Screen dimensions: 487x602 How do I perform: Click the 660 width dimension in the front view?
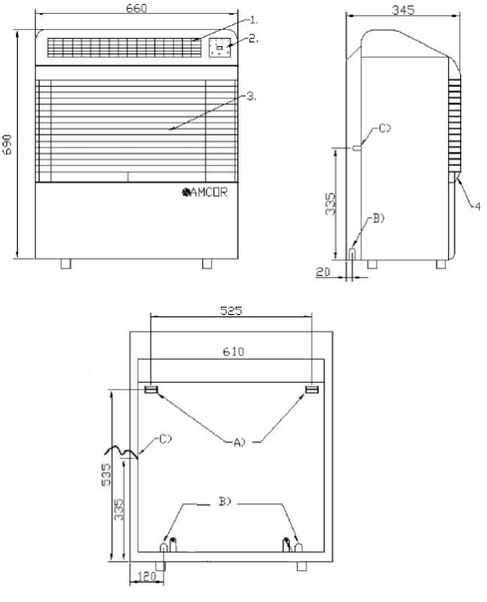click(x=136, y=8)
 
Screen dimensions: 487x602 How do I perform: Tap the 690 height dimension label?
click(x=7, y=144)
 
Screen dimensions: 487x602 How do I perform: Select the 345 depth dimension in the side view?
click(x=403, y=10)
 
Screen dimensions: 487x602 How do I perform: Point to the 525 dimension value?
click(x=231, y=310)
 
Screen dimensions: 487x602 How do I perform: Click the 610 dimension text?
click(x=233, y=351)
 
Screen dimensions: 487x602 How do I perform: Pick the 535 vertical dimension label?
click(x=106, y=475)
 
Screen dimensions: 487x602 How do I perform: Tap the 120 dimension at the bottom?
click(x=146, y=576)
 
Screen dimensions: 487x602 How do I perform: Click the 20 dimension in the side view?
click(x=323, y=272)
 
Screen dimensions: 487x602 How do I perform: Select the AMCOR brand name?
click(x=205, y=192)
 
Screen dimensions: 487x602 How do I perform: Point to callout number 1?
click(x=254, y=19)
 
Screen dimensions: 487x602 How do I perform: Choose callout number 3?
click(x=252, y=96)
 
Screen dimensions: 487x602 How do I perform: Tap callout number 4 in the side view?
click(x=477, y=207)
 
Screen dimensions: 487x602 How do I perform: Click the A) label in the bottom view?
click(x=239, y=442)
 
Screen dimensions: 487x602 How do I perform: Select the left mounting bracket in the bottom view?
click(x=151, y=389)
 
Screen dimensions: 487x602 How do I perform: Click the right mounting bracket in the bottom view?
click(x=312, y=389)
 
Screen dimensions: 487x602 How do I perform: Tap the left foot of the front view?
click(x=66, y=264)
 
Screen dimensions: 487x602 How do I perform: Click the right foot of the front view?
click(x=207, y=264)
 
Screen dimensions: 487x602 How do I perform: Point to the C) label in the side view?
click(x=385, y=128)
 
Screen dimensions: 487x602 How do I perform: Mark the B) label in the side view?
click(x=378, y=218)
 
